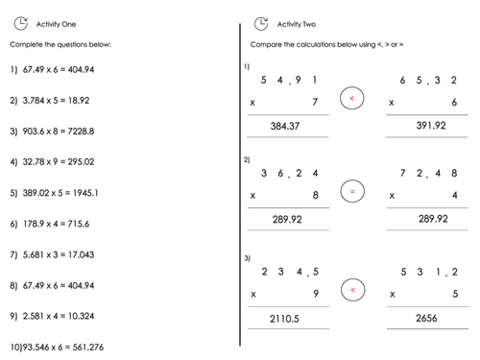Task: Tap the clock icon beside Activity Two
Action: [261, 23]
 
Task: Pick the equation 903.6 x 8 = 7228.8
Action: [59, 131]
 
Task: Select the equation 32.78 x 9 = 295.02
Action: [59, 161]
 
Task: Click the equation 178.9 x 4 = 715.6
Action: [56, 224]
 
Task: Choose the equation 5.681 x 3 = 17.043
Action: [59, 254]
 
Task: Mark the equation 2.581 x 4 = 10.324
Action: [59, 316]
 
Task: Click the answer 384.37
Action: [286, 126]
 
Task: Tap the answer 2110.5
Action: [286, 319]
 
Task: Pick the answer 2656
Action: [426, 319]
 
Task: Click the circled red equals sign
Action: [352, 192]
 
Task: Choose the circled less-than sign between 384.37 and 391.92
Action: [352, 98]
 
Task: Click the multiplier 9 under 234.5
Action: [316, 294]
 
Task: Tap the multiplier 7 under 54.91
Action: [316, 102]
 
